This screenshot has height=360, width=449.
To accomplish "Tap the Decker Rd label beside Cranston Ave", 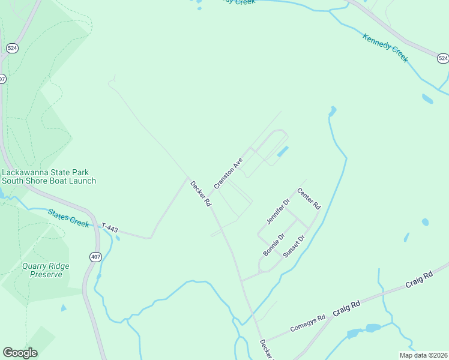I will [x=200, y=194].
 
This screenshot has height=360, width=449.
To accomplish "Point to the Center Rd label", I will [x=309, y=199].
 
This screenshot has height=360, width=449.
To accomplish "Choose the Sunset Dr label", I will [x=294, y=245].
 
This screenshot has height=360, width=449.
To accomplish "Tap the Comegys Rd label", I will [x=307, y=324].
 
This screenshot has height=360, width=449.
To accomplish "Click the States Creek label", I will [x=68, y=218].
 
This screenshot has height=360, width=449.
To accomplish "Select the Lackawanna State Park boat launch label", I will [x=49, y=176].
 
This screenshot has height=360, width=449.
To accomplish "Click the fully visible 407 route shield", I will [x=96, y=256].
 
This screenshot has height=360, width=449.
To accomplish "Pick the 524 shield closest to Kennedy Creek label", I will [x=442, y=58].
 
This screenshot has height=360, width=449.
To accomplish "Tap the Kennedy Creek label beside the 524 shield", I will [x=385, y=47].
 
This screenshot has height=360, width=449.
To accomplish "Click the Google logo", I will [x=20, y=352].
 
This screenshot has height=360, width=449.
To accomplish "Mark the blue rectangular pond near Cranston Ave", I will [x=282, y=152].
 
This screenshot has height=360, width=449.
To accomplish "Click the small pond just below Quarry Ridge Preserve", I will [x=64, y=308].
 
